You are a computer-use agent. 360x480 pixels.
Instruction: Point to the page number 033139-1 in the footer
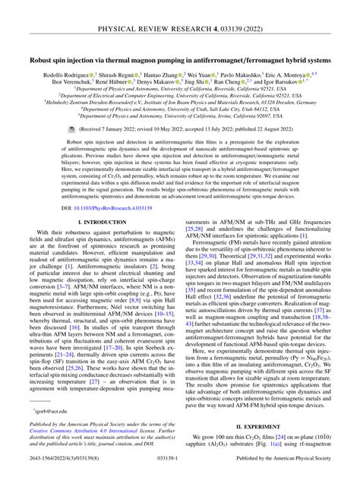[179, 472]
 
